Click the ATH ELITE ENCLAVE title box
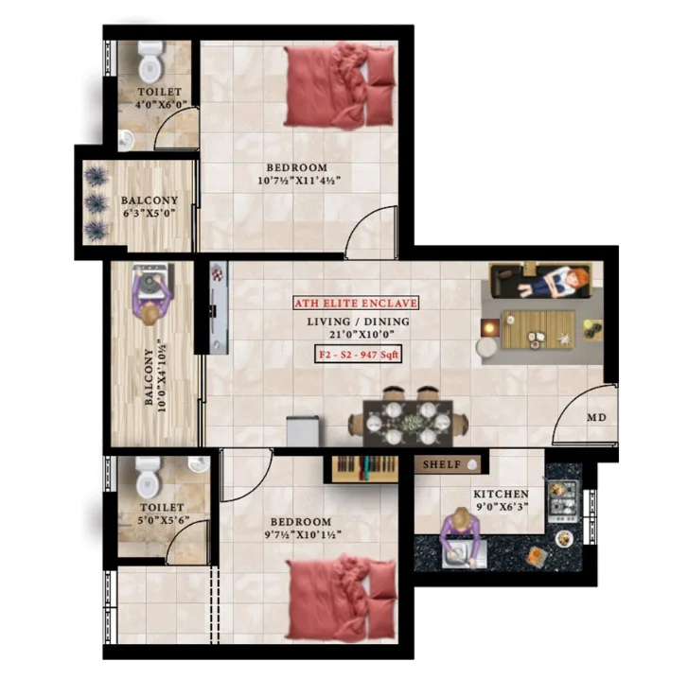[x=356, y=303]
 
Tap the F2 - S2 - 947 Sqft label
[x=358, y=355]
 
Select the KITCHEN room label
[x=501, y=494]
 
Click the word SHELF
[x=442, y=464]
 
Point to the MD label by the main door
[x=597, y=417]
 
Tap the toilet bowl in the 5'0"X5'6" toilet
[x=148, y=478]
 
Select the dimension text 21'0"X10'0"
[x=362, y=334]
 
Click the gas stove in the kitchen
[x=562, y=501]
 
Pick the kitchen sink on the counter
[x=465, y=554]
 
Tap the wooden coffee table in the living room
[x=538, y=330]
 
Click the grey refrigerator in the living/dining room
[x=303, y=432]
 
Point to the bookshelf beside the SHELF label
[x=364, y=468]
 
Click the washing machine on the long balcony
[x=150, y=281]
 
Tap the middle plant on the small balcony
[x=97, y=203]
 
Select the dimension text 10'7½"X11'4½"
[x=299, y=181]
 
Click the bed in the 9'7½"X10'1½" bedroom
[x=341, y=599]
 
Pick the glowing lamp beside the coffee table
[x=490, y=327]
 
